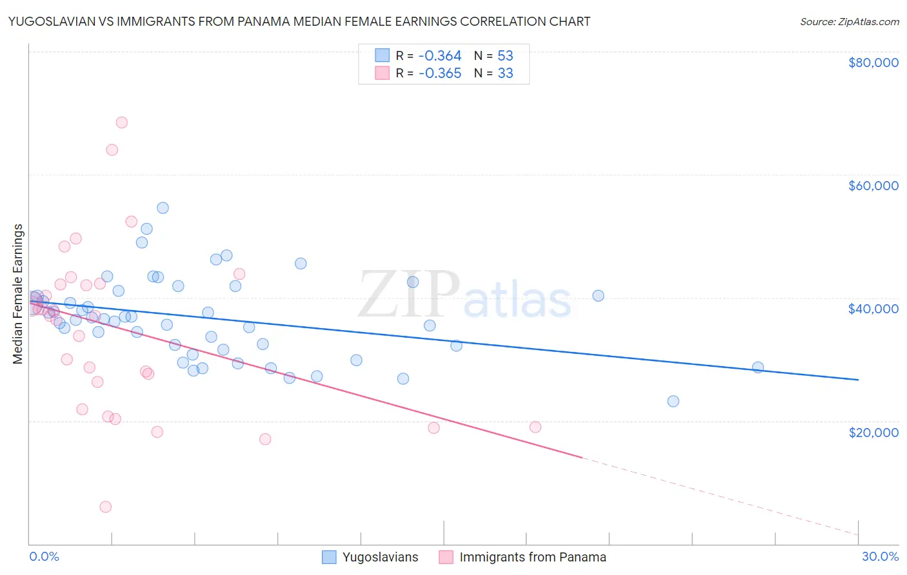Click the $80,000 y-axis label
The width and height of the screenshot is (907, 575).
click(873, 63)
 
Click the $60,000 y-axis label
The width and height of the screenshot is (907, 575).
click(873, 186)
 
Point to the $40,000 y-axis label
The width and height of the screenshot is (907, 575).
click(873, 309)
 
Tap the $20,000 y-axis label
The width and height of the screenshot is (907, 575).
click(873, 432)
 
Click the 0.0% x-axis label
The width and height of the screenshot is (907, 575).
click(44, 556)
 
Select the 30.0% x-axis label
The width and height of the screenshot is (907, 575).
click(880, 556)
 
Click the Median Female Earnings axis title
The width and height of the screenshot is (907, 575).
click(18, 294)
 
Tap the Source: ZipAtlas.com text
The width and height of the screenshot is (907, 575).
click(849, 22)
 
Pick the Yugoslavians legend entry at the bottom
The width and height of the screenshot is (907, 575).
click(380, 557)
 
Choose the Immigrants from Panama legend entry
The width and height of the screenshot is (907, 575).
click(532, 557)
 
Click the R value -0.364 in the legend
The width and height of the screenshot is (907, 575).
click(440, 55)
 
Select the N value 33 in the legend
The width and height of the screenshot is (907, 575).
click(505, 73)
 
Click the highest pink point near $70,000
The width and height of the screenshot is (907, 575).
click(121, 122)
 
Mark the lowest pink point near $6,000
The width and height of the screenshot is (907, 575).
click(106, 507)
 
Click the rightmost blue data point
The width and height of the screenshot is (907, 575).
click(758, 367)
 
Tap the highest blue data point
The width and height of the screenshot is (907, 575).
click(163, 208)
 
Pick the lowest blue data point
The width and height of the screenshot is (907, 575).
click(673, 401)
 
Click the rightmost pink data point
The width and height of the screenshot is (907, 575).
click(535, 427)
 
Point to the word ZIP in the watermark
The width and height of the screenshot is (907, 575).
click(409, 294)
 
